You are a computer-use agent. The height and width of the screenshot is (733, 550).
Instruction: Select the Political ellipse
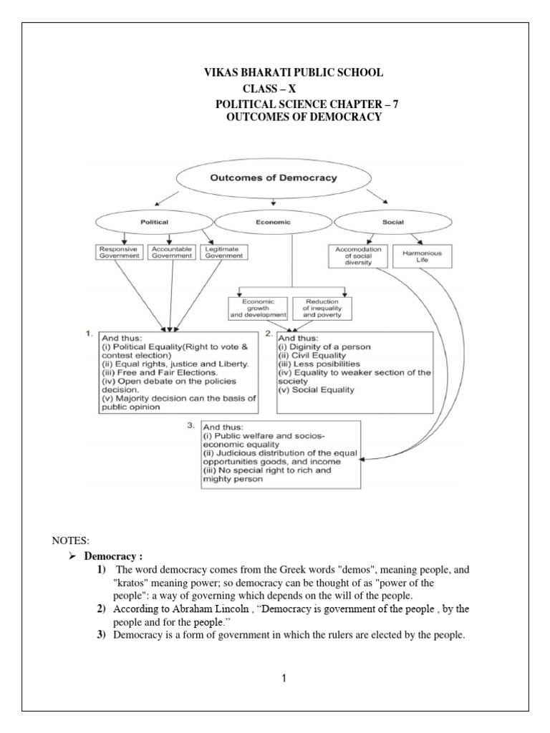click(155, 222)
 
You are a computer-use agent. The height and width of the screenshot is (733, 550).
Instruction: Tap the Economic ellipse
click(274, 222)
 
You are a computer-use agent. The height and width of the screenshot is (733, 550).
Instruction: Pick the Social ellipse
click(392, 222)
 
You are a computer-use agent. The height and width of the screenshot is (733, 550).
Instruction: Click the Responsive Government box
click(120, 253)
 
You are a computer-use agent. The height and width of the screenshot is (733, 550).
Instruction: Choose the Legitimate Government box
click(221, 253)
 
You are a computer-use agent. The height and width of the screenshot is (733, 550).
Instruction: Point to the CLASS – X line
click(281, 89)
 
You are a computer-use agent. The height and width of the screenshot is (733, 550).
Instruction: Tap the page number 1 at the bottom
click(284, 679)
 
